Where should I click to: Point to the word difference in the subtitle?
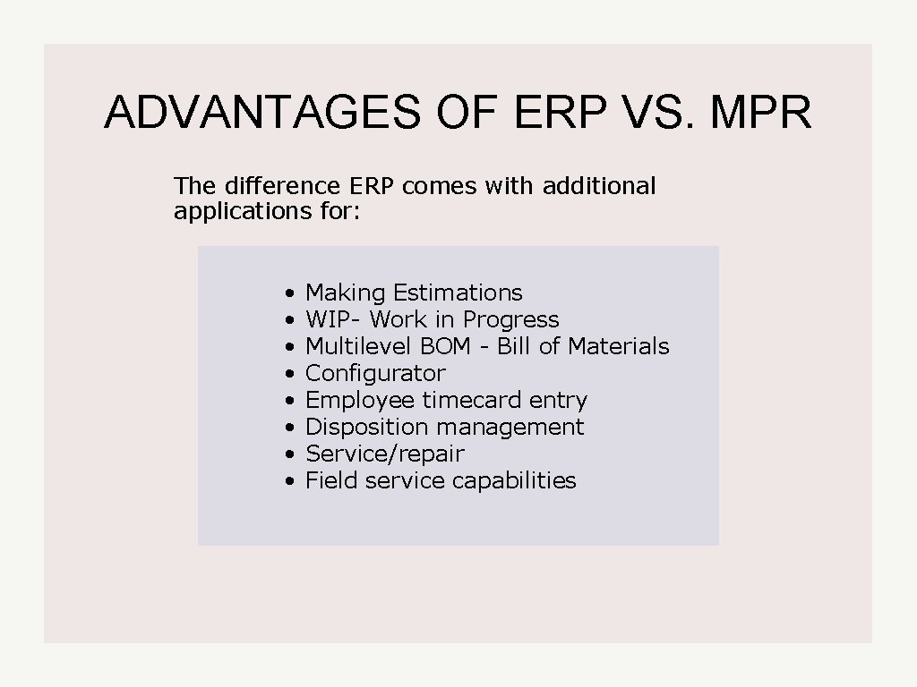[x=280, y=186]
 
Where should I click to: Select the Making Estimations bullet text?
[x=414, y=293]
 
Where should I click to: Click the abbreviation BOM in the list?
[x=445, y=346]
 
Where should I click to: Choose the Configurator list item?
[x=375, y=373]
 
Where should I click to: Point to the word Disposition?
[x=356, y=427]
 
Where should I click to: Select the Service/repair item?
[x=385, y=454]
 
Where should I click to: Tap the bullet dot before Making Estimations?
[x=289, y=293]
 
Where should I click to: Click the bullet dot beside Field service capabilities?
[x=289, y=481]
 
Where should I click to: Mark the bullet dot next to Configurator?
[x=289, y=374]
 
